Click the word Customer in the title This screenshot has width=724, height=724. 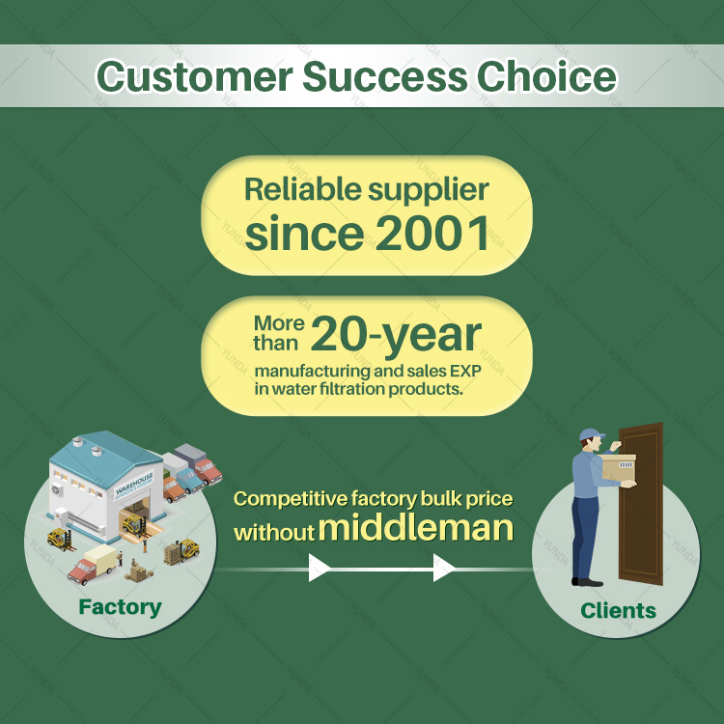(194, 76)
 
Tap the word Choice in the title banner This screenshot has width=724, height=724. (546, 76)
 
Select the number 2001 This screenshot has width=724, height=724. (432, 234)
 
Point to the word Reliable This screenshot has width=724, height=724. (303, 189)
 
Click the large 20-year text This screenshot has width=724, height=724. (396, 335)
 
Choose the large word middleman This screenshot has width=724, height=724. (416, 528)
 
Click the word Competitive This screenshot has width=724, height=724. (291, 499)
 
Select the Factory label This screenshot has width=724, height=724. (120, 607)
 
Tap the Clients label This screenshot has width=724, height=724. (618, 610)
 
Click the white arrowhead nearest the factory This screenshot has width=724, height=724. (320, 568)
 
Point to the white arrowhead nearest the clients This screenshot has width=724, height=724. (444, 568)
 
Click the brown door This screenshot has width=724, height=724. (641, 503)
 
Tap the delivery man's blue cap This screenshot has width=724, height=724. (592, 434)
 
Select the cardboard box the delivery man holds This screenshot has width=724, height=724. (619, 467)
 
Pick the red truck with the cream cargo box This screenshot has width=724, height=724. (93, 565)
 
